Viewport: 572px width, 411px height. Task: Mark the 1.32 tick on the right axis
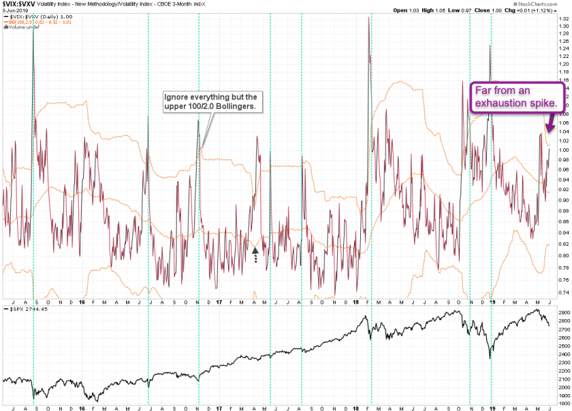pyautogui.click(x=563, y=18)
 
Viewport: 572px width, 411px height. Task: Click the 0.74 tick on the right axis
pyautogui.click(x=563, y=292)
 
